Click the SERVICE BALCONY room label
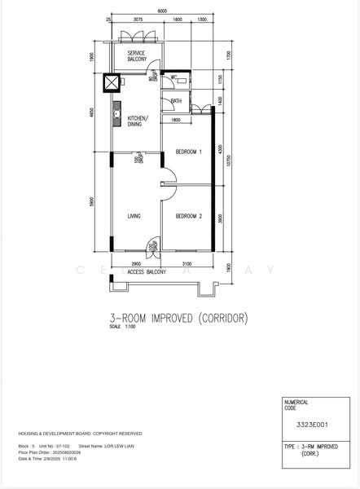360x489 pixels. coord(131,56)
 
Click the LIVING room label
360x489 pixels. coord(135,216)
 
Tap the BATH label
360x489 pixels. coord(176,101)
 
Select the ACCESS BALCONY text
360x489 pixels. coord(147,271)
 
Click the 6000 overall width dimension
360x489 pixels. coord(163,11)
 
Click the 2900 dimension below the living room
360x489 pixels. coord(135,264)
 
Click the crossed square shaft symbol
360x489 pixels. coord(109,82)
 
